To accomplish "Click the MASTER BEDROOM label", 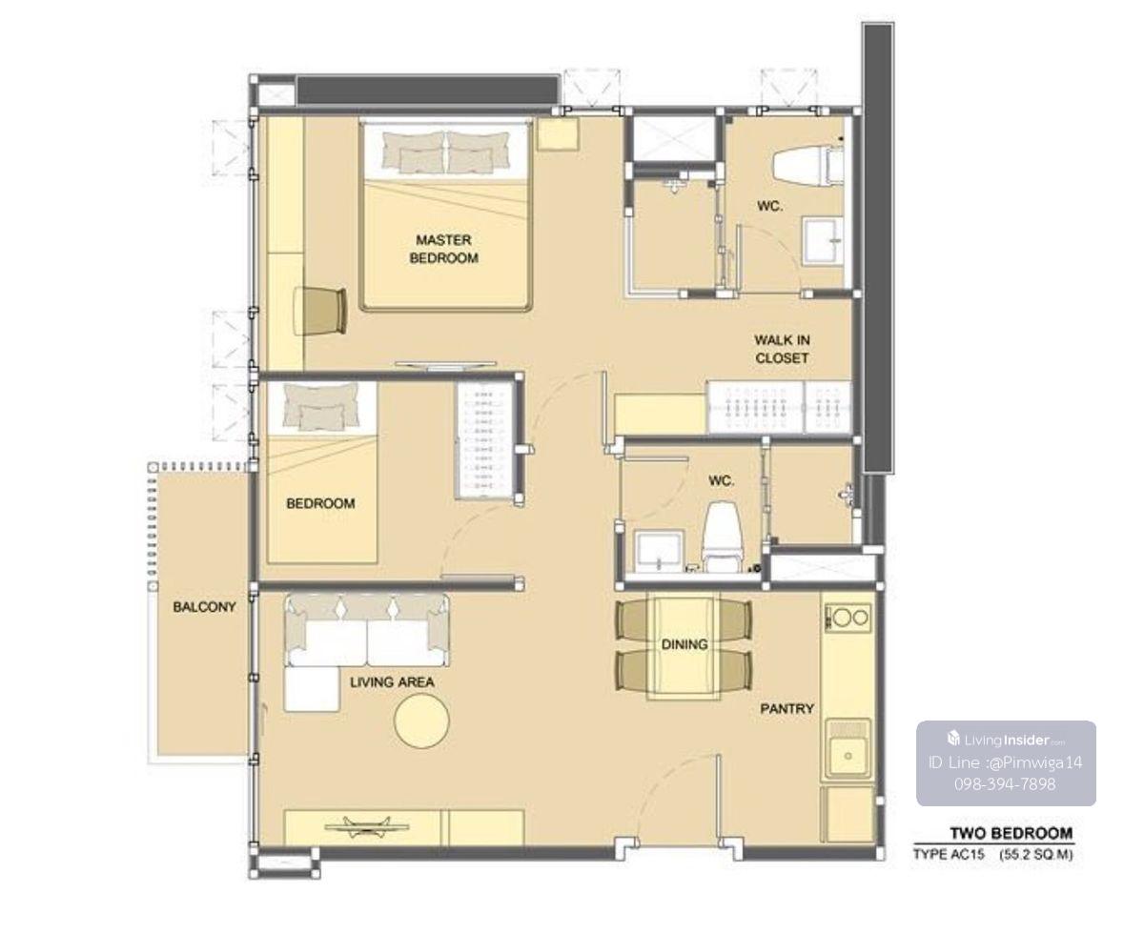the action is tap(443, 249).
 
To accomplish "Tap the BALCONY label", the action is tap(204, 607).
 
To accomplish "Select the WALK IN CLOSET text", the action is tap(782, 349).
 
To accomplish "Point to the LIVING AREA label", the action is tap(392, 681).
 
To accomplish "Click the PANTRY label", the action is tap(786, 708).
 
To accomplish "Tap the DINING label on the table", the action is tap(684, 644).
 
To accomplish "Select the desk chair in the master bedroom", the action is tap(320, 312).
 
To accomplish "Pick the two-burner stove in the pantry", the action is tap(847, 618).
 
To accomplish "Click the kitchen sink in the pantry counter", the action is tap(848, 750).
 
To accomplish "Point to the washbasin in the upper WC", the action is tap(823, 241).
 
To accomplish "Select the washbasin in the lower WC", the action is tap(658, 552).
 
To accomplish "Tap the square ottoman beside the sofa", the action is tap(312, 689).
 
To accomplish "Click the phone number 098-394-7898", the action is tap(1005, 783).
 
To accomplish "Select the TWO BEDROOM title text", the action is tap(1011, 833).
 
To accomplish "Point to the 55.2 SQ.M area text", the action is tap(1035, 855).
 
